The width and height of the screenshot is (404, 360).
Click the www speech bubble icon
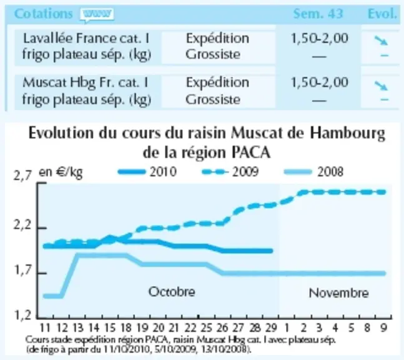pyautogui.click(x=97, y=15)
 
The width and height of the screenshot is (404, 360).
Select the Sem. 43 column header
pyautogui.click(x=318, y=14)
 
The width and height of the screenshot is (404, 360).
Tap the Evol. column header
pyautogui.click(x=382, y=14)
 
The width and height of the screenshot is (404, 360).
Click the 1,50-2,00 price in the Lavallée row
pyautogui.click(x=320, y=38)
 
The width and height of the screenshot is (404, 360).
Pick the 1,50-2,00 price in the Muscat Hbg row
pyautogui.click(x=320, y=82)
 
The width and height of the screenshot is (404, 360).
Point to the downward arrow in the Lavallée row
pyautogui.click(x=381, y=40)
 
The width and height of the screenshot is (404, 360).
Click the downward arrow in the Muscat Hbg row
pyautogui.click(x=381, y=86)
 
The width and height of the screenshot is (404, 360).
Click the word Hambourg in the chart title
pyautogui.click(x=347, y=134)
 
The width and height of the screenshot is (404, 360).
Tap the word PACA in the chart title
pyautogui.click(x=251, y=153)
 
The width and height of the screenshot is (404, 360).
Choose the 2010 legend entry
pyautogui.click(x=147, y=172)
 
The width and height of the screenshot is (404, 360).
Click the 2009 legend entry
pyautogui.click(x=230, y=172)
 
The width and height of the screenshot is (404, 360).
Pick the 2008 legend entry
pyautogui.click(x=313, y=172)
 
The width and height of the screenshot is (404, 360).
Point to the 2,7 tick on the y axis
pyautogui.click(x=22, y=176)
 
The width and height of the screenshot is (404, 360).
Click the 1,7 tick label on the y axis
pyautogui.click(x=22, y=271)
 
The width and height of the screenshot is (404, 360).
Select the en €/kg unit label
pyautogui.click(x=61, y=172)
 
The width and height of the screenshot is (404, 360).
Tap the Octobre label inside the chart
pyautogui.click(x=172, y=292)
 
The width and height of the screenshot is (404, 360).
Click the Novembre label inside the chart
pyautogui.click(x=338, y=293)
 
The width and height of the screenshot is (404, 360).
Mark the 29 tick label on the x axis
pyautogui.click(x=271, y=328)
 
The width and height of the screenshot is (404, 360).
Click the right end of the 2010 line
pyautogui.click(x=271, y=251)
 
